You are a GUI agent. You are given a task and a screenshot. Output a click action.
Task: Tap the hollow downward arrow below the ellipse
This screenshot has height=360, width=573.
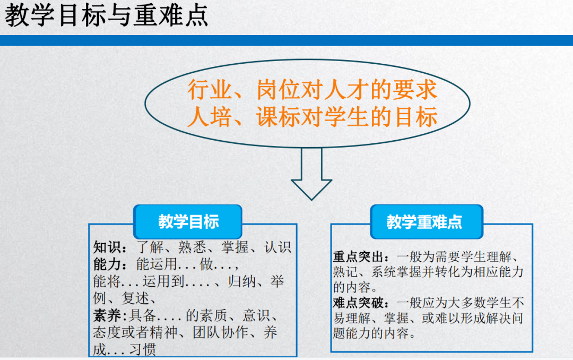coord(311,174)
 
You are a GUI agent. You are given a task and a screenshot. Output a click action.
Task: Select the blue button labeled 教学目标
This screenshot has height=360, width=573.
coord(188,222)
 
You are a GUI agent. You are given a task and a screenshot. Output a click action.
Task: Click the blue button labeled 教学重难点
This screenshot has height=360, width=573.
coord(427,222)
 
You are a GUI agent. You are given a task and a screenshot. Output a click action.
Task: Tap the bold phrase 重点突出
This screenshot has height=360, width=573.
coord(358,257)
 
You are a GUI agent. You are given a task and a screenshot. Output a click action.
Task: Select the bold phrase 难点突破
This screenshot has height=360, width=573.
coord(358,303)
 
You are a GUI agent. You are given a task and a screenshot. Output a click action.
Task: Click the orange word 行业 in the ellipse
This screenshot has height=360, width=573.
coord(210,90)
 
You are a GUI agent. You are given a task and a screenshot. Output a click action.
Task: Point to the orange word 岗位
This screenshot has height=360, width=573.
coord(279,90)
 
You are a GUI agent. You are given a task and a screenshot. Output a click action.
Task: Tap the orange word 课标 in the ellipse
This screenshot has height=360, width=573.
coord(279,117)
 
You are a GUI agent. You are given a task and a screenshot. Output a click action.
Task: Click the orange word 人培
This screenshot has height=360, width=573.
coord(210,117)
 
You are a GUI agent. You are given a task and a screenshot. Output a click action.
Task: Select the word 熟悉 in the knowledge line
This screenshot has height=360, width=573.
coord(192,247)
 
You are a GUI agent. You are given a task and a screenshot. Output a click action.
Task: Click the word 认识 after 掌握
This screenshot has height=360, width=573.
coord(277,247)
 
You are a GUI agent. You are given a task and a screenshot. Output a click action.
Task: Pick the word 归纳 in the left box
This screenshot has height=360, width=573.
coord(242,281)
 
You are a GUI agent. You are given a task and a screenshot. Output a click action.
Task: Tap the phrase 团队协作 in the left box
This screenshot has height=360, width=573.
coord(221,332)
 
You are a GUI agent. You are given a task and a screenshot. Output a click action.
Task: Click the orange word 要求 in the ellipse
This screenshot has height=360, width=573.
coord(415,90)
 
